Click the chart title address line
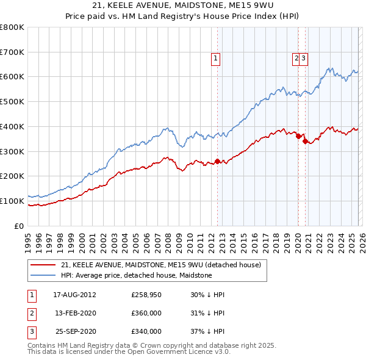182,6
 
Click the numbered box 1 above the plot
216,59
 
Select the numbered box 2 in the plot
296,59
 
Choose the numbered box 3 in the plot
304,59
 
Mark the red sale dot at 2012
217,162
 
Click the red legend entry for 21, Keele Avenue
161,265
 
